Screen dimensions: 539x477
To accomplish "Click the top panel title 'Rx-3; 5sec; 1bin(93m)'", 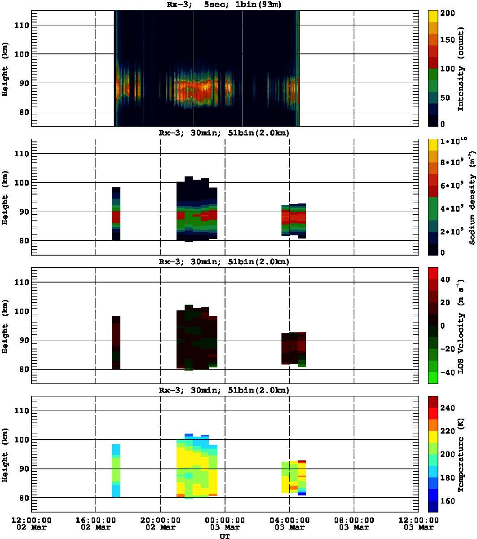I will click(225, 5).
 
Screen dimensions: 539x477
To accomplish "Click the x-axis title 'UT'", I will click(225, 536).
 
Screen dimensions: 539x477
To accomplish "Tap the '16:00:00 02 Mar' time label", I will click(96, 523).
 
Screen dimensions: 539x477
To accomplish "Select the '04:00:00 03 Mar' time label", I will click(289, 523).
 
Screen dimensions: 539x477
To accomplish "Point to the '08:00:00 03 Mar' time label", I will click(354, 523).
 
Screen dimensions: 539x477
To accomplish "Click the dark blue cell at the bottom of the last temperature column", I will click(301, 494).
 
